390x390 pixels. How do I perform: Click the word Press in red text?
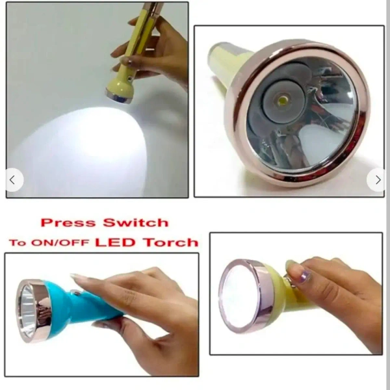pos(68,222)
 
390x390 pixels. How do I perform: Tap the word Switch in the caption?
pos(136,222)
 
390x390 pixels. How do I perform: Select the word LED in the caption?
pos(115,242)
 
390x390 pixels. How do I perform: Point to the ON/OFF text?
pos(60,242)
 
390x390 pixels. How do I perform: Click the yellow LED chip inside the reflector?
pos(283,101)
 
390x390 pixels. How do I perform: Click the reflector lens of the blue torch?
pos(27,311)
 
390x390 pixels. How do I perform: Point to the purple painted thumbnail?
pos(304,277)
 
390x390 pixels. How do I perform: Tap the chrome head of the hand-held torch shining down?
pos(119,97)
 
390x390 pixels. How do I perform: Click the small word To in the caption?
pos(18,242)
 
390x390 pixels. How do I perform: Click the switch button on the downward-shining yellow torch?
pos(129,79)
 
